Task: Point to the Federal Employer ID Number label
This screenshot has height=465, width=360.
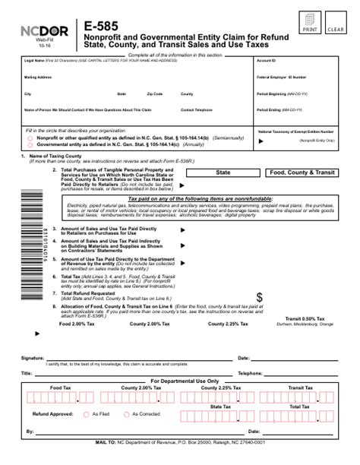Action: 282,77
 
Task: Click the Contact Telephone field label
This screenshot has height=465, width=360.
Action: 197,109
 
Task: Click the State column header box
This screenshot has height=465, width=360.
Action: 223,172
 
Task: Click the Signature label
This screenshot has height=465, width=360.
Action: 33,357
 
